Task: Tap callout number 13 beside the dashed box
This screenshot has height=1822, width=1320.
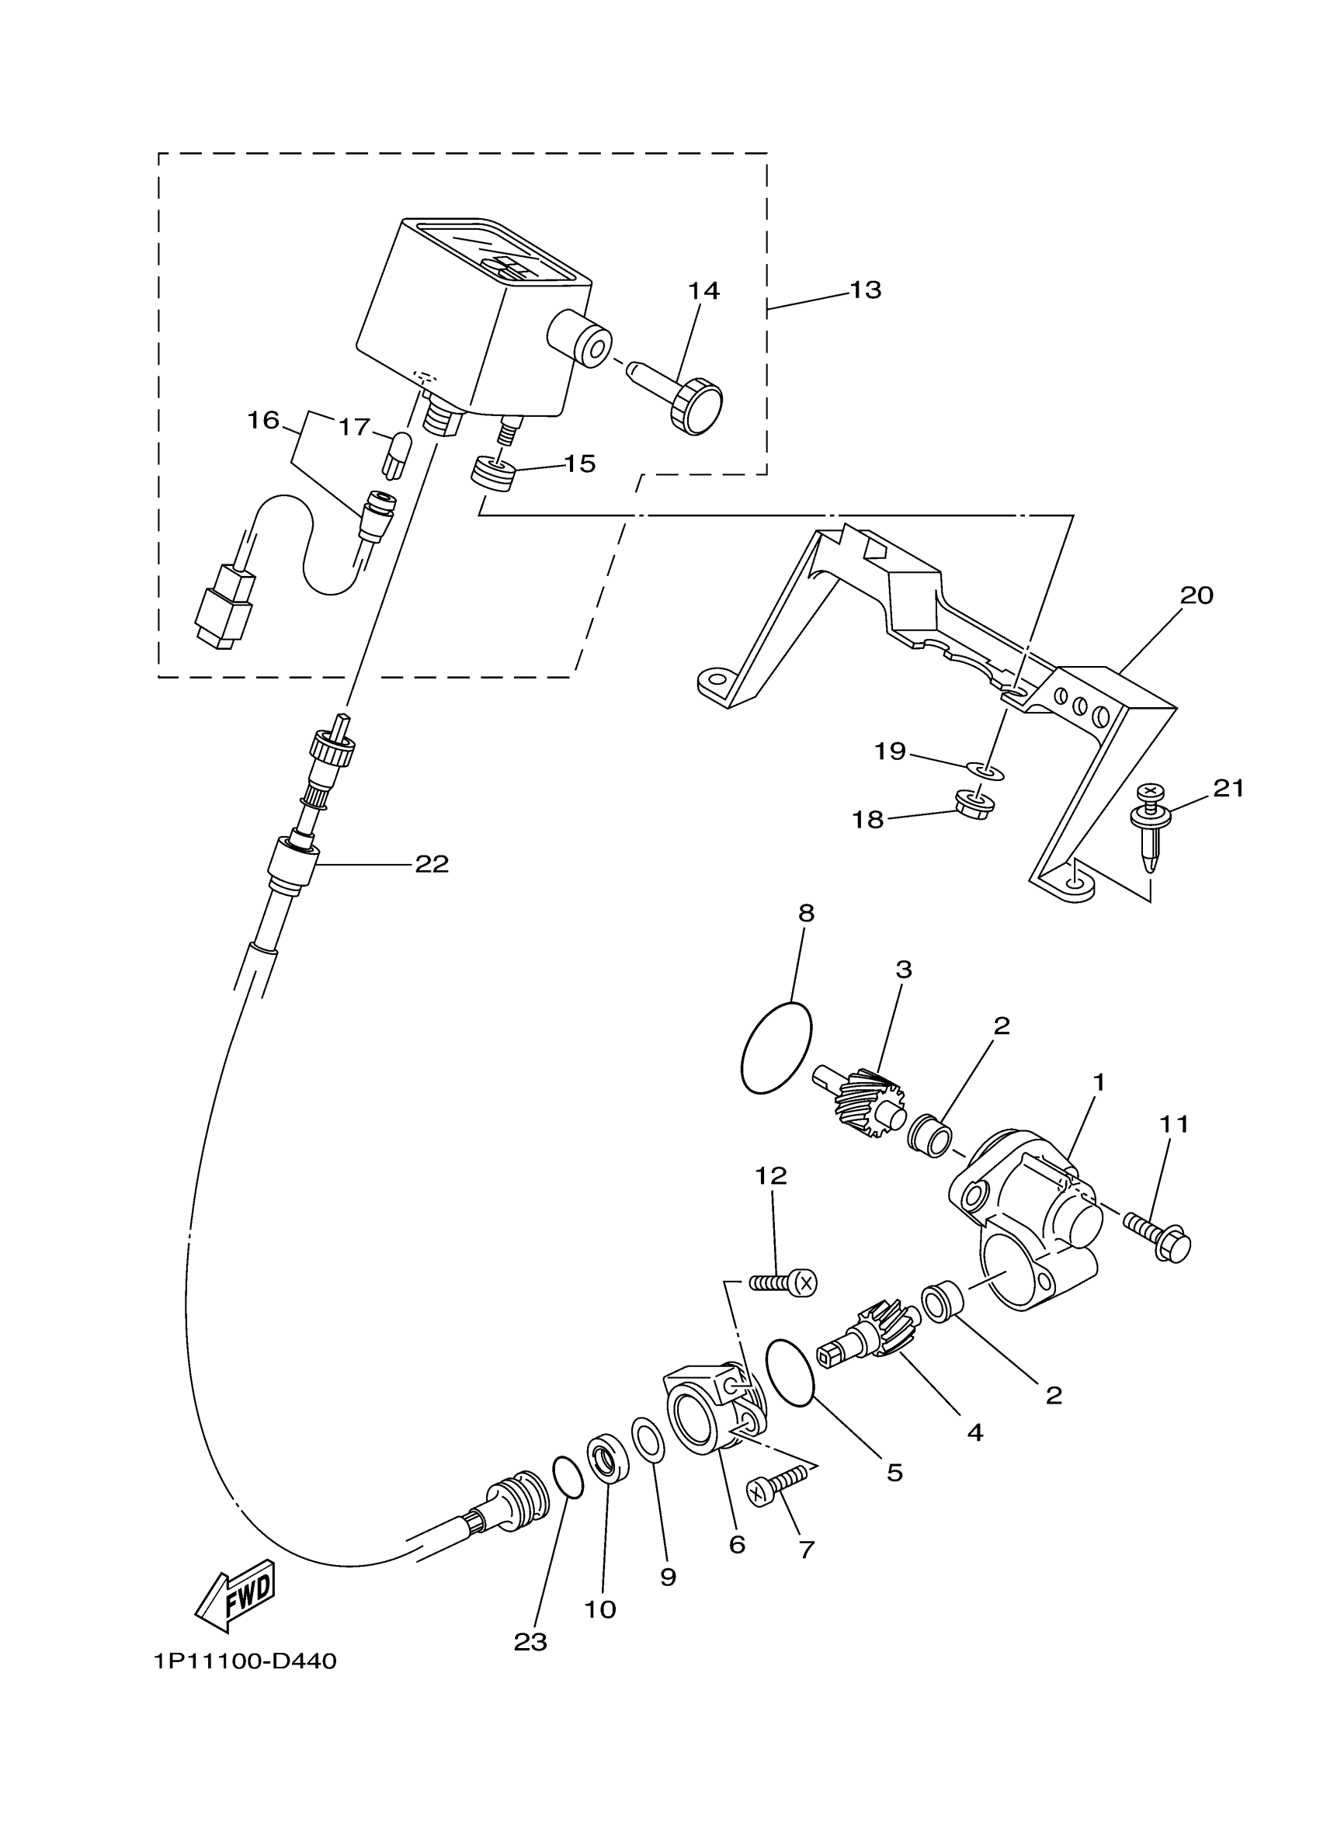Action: tap(865, 290)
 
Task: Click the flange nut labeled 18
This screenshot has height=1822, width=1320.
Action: tap(974, 803)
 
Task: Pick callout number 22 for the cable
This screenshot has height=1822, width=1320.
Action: tap(432, 864)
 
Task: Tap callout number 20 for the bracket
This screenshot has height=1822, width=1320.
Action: tap(1197, 595)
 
